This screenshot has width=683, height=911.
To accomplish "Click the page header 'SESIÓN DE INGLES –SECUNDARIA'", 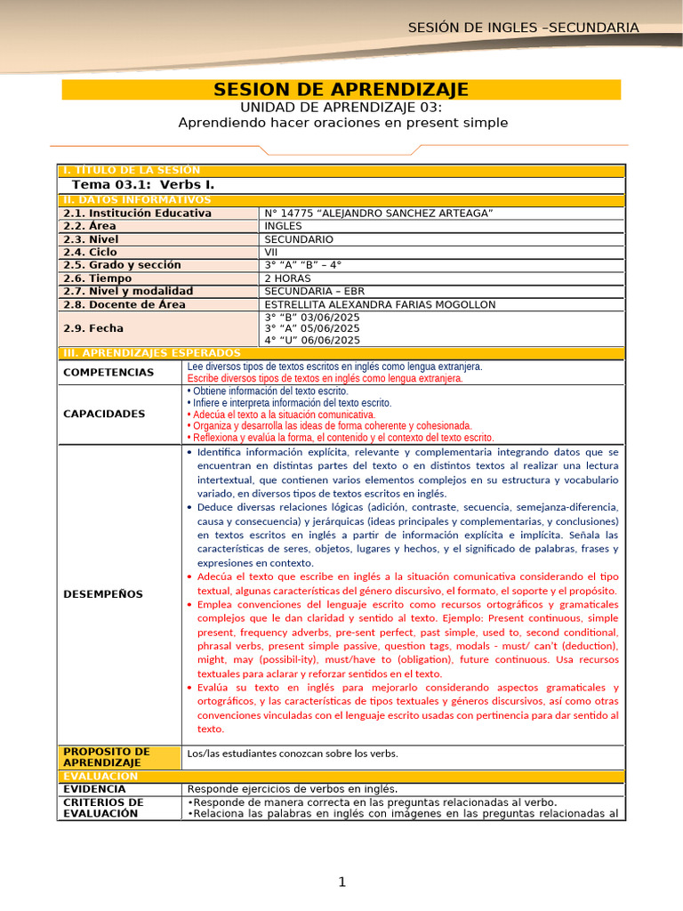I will pyautogui.click(x=523, y=28).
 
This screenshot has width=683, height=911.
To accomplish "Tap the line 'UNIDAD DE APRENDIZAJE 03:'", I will pyautogui.click(x=342, y=108).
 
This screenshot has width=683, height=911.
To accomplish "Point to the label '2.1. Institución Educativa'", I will pyautogui.click(x=137, y=214).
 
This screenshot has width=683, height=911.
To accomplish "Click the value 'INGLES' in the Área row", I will pyautogui.click(x=284, y=226).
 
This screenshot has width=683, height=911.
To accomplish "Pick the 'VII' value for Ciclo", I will pyautogui.click(x=272, y=252).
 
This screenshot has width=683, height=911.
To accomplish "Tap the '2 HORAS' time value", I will pyautogui.click(x=288, y=278).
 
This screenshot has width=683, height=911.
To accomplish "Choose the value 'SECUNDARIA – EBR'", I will pyautogui.click(x=315, y=291).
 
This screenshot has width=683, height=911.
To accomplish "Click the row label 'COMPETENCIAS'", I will pyautogui.click(x=108, y=373).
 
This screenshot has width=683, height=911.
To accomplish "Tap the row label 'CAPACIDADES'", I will pyautogui.click(x=104, y=414).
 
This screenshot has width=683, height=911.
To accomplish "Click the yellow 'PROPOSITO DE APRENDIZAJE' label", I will pyautogui.click(x=106, y=757).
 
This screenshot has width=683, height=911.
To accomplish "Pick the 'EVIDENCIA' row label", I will pyautogui.click(x=95, y=789).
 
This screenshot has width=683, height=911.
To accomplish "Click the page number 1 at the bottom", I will pyautogui.click(x=341, y=882).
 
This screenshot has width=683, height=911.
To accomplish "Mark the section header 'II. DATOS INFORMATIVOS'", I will pyautogui.click(x=132, y=200).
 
